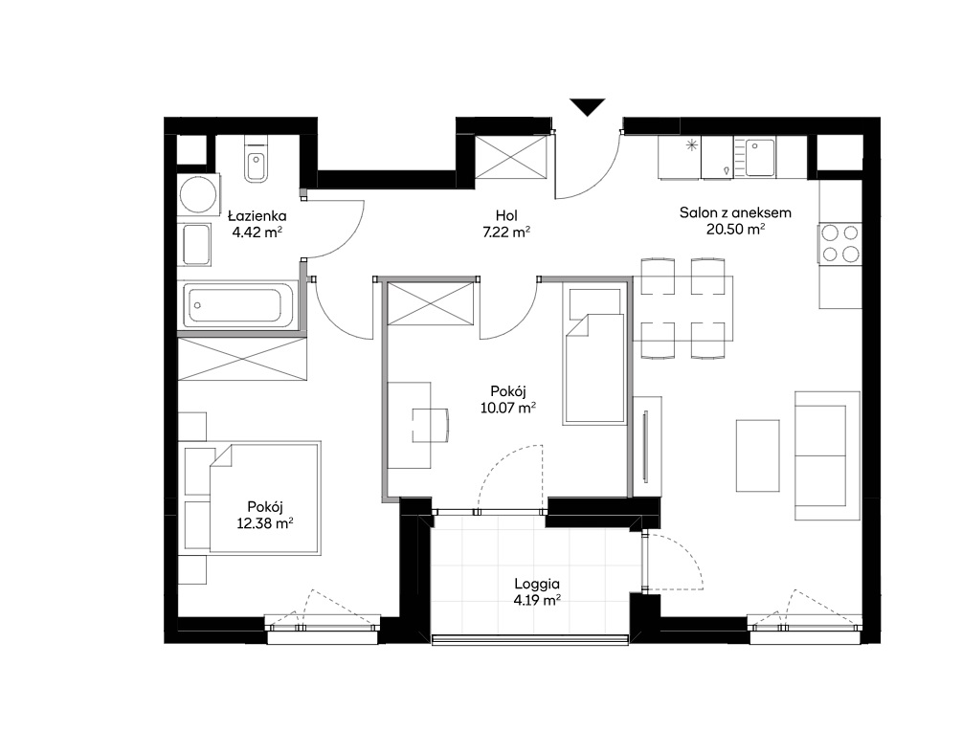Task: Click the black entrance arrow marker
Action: pyautogui.click(x=587, y=106)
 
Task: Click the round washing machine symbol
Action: pyautogui.click(x=198, y=194)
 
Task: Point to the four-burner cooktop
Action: pyautogui.click(x=839, y=243)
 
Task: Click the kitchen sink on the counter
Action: pyautogui.click(x=759, y=158)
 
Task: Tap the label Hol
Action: pyautogui.click(x=506, y=216)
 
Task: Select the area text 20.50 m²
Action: pyautogui.click(x=735, y=230)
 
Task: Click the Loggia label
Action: pyautogui.click(x=537, y=585)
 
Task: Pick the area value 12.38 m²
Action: pyautogui.click(x=264, y=523)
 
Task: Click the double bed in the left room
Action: pyautogui.click(x=252, y=498)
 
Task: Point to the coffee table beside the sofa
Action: pyautogui.click(x=758, y=455)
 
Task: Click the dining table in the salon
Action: pyautogui.click(x=682, y=308)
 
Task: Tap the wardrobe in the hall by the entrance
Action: pyautogui.click(x=510, y=158)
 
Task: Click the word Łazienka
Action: pyautogui.click(x=257, y=216)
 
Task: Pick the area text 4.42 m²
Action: pyautogui.click(x=257, y=232)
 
